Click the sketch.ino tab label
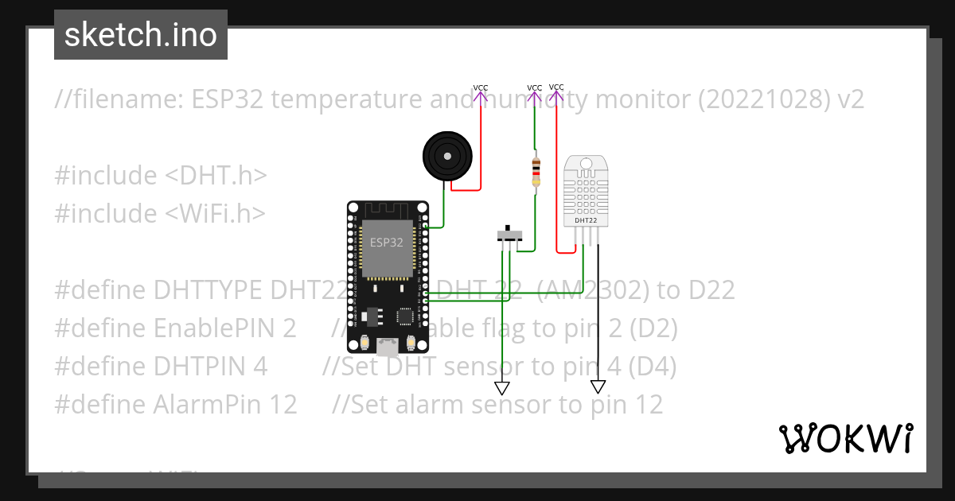point(140,35)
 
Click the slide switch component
point(509,235)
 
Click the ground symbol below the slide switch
point(502,388)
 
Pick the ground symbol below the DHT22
point(598,387)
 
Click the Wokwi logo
point(845,438)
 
